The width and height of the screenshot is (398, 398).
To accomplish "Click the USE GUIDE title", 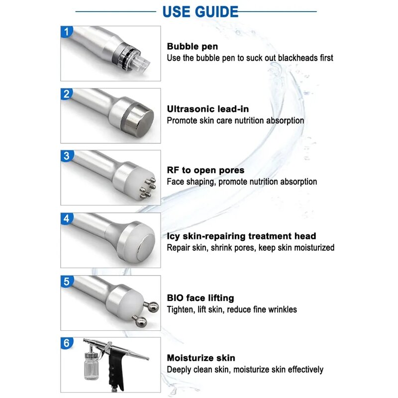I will click(x=200, y=11).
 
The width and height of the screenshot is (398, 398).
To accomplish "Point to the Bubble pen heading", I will click(x=192, y=47).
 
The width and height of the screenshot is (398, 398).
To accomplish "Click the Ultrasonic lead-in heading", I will click(x=208, y=109).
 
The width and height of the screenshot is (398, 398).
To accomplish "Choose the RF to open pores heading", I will click(x=205, y=171).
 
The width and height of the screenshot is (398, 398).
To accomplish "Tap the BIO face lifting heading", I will click(x=200, y=298).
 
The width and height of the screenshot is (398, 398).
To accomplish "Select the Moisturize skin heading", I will click(x=201, y=358).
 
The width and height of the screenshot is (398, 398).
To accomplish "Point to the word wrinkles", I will click(x=281, y=309).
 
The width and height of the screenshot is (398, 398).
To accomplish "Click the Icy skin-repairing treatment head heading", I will click(x=241, y=236).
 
